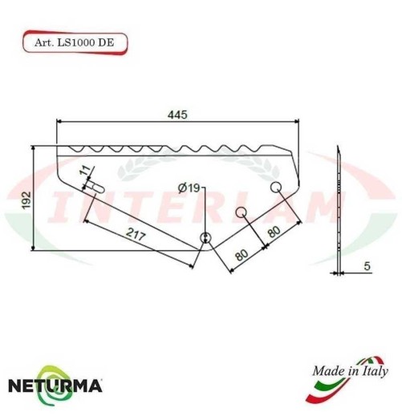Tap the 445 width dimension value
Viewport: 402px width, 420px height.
coord(177,115)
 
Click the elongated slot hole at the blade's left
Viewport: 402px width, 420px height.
coord(97,186)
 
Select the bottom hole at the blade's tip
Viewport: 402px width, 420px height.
coord(205,238)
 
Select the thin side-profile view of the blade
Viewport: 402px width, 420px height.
coord(339,208)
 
